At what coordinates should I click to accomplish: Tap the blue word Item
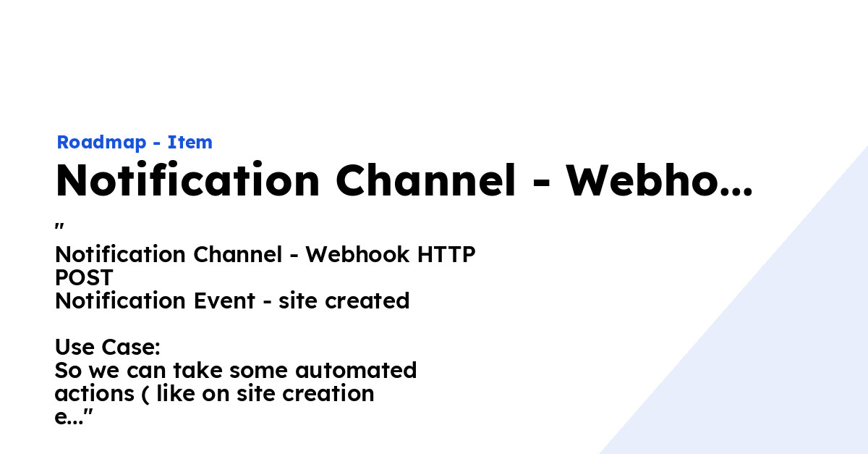pyautogui.click(x=190, y=143)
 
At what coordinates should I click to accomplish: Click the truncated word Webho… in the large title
pyautogui.click(x=658, y=180)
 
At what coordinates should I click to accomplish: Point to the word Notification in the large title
pyautogui.click(x=187, y=180)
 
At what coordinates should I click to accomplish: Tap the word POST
pyautogui.click(x=84, y=278)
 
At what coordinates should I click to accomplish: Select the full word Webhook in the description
pyautogui.click(x=349, y=255)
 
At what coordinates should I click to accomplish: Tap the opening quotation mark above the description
pyautogui.click(x=61, y=227)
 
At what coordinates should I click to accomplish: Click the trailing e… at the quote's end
pyautogui.click(x=69, y=418)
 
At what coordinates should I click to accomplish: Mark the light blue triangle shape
pyautogui.click(x=781, y=348)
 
